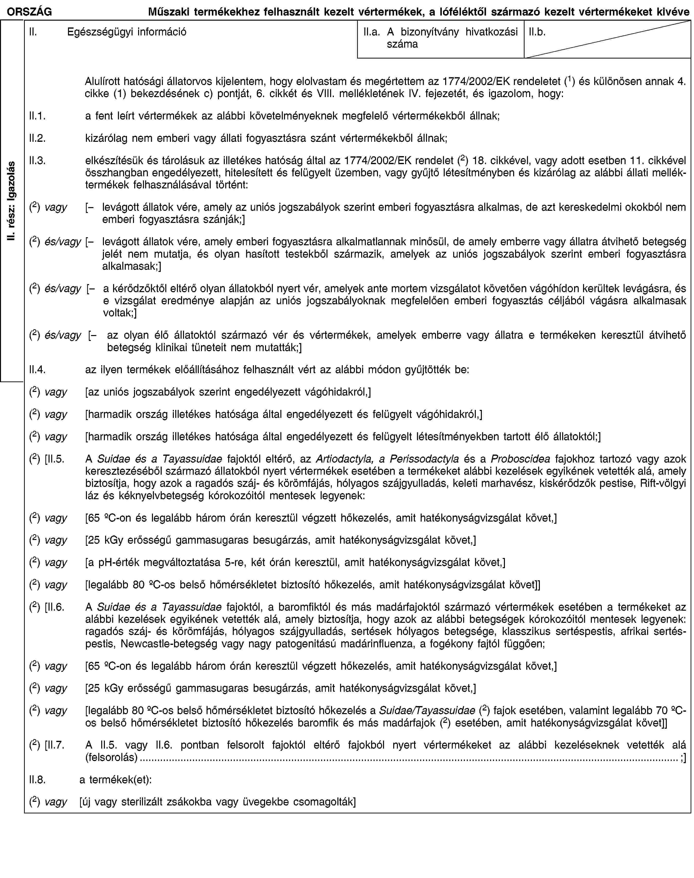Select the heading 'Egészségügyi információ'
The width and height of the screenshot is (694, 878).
pos(127,32)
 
